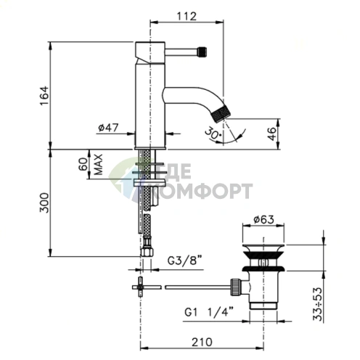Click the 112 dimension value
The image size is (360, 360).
pyautogui.click(x=187, y=17)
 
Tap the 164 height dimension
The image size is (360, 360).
pyautogui.click(x=44, y=96)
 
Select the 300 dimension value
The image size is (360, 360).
pyautogui.click(x=44, y=202)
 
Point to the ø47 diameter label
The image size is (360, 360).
pyautogui.click(x=108, y=128)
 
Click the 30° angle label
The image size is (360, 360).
pyautogui.click(x=213, y=134)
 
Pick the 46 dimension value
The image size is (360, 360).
pyautogui.click(x=272, y=134)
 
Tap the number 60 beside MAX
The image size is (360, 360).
pyautogui.click(x=83, y=164)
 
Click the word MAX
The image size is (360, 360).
pyautogui.click(x=98, y=165)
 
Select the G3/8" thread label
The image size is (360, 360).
pyautogui.click(x=185, y=261)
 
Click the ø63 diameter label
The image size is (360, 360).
pyautogui.click(x=263, y=220)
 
